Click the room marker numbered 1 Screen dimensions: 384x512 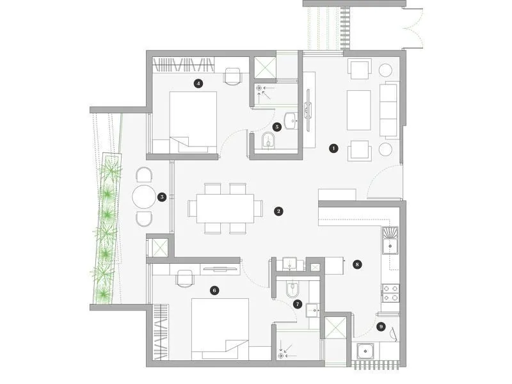click(x=333, y=148)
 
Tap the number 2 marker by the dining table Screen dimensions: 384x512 click(x=278, y=211)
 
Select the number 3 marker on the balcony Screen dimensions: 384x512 click(x=163, y=197)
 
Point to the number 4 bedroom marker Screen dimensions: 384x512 click(x=199, y=83)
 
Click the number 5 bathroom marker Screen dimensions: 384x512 click(x=276, y=127)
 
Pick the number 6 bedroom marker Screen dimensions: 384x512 click(x=214, y=290)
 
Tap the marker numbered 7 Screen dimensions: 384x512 click(x=297, y=304)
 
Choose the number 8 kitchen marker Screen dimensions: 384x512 click(x=357, y=263)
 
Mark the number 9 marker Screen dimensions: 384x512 click(x=381, y=327)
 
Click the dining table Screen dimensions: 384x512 click(x=225, y=208)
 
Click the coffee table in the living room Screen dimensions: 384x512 click(x=358, y=109)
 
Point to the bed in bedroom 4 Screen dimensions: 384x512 click(x=193, y=118)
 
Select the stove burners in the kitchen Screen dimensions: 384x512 click(x=390, y=293)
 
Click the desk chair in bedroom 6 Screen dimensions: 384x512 click(x=185, y=277)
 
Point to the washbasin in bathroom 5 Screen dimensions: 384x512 click(x=291, y=119)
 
